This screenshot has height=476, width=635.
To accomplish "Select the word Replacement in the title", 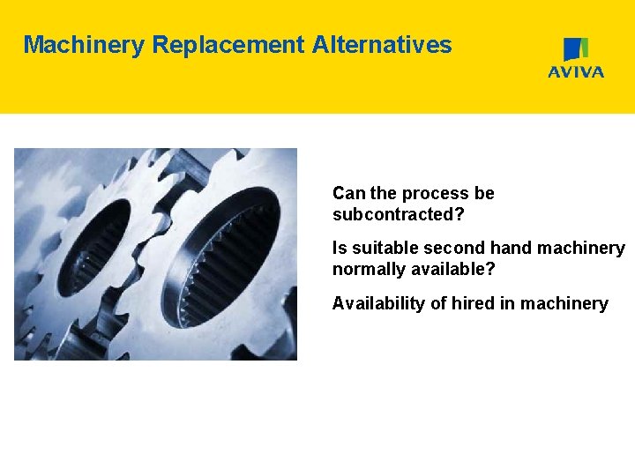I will click(x=228, y=45).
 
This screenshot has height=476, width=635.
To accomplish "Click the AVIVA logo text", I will click(x=576, y=72).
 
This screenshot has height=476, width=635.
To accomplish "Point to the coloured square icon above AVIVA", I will click(x=576, y=49).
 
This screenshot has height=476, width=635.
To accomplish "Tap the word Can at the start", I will click(x=347, y=193).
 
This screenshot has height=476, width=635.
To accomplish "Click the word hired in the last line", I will click(x=474, y=304).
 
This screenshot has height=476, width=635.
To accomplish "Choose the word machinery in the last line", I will click(x=564, y=304).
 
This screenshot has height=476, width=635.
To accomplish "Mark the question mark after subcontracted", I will click(x=459, y=215).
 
